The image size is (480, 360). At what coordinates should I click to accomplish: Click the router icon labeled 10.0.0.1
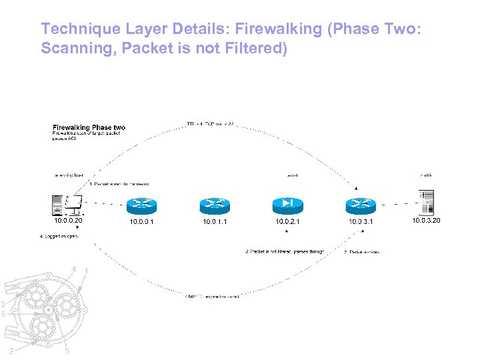[141, 205]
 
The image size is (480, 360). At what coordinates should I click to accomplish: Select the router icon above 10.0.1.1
[215, 205]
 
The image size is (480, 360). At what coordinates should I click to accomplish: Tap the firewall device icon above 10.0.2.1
[288, 203]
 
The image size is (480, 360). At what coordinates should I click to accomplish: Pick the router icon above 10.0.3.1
[361, 205]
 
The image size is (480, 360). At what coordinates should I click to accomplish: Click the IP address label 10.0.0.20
[68, 220]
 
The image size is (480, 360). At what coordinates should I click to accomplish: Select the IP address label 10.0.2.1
[288, 221]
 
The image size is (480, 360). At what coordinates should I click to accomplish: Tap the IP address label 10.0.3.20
[426, 220]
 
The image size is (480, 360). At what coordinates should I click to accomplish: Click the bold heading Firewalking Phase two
[89, 127]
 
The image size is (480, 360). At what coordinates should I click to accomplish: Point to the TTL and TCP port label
[210, 123]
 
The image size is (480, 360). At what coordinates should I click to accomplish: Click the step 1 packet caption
[121, 183]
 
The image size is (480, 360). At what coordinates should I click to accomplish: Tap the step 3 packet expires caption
[361, 252]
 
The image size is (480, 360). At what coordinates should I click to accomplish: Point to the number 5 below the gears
[67, 352]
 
